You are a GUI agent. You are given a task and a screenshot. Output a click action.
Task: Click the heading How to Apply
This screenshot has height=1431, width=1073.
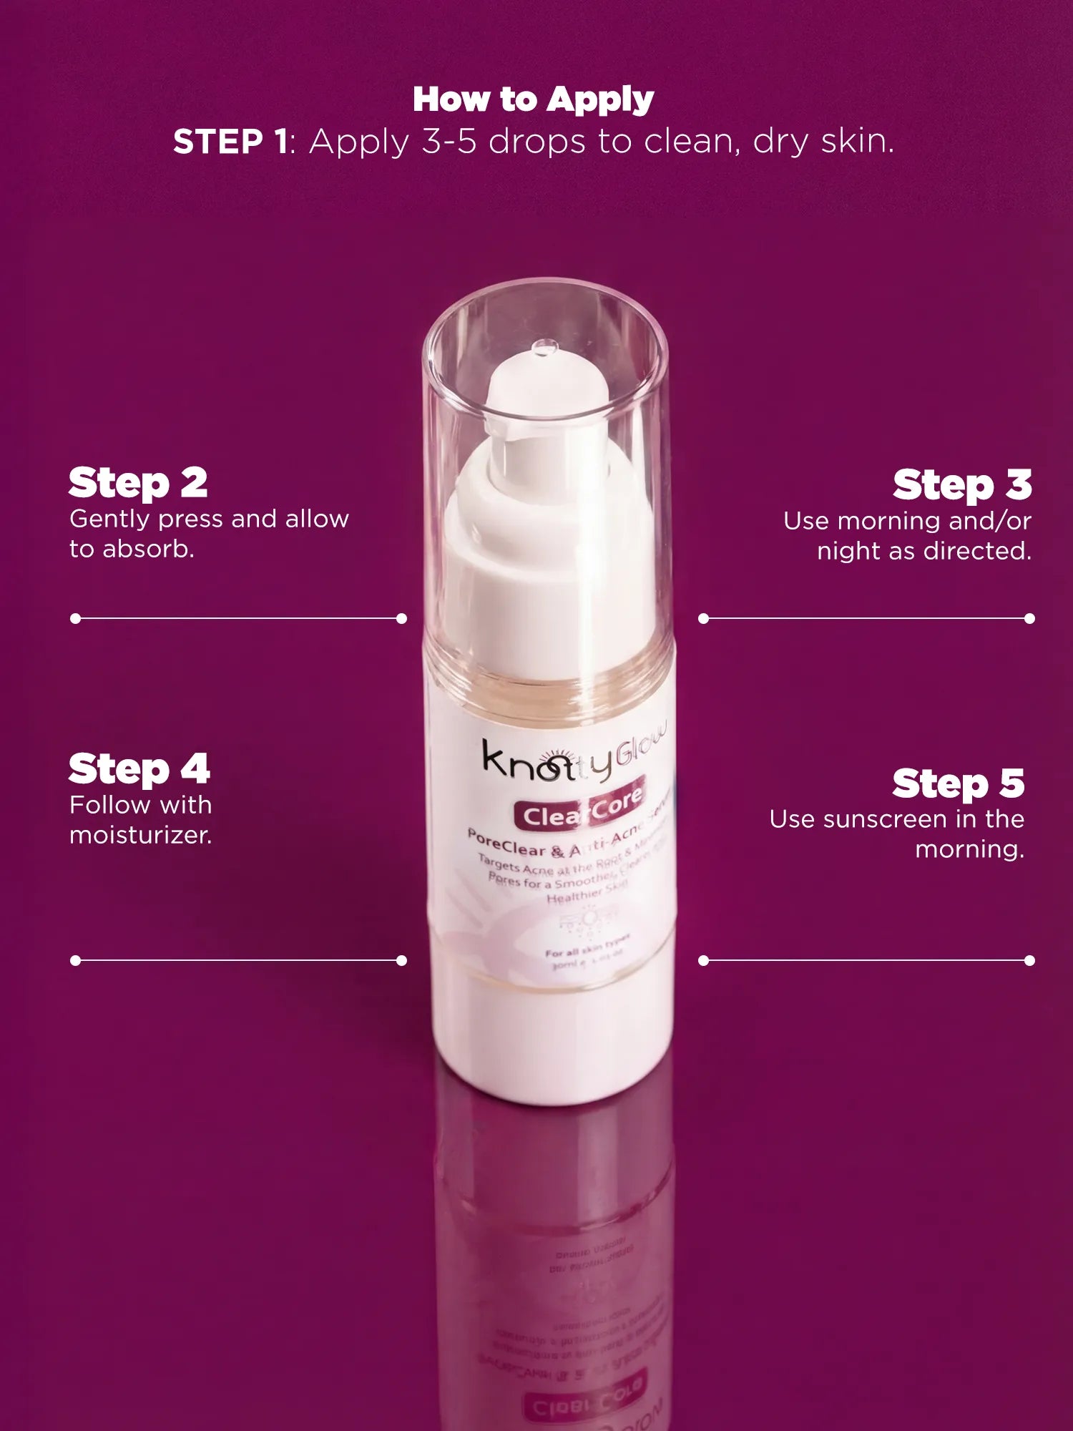[x=533, y=99]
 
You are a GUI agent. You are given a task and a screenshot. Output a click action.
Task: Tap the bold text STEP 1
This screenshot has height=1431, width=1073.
[x=230, y=142]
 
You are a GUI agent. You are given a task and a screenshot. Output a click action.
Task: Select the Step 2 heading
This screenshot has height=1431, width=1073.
[x=138, y=483]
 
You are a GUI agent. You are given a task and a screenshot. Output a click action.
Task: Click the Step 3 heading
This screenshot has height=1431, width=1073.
[x=962, y=485]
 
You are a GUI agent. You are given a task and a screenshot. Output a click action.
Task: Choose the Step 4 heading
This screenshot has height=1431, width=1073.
[x=139, y=769]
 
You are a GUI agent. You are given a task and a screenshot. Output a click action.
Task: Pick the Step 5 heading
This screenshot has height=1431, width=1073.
[x=959, y=783]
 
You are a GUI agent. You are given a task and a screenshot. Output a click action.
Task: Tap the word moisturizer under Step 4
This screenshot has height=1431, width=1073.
[x=140, y=835]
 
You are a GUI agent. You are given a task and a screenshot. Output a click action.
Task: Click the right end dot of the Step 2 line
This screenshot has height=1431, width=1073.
[x=401, y=618]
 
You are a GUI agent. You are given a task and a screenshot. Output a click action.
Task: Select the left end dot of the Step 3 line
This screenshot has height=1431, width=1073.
[x=703, y=618]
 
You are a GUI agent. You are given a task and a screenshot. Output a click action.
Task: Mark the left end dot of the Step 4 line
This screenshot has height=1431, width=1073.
[x=75, y=960]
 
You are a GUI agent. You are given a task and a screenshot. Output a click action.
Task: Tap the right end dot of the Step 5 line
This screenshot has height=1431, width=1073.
[x=1029, y=960]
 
